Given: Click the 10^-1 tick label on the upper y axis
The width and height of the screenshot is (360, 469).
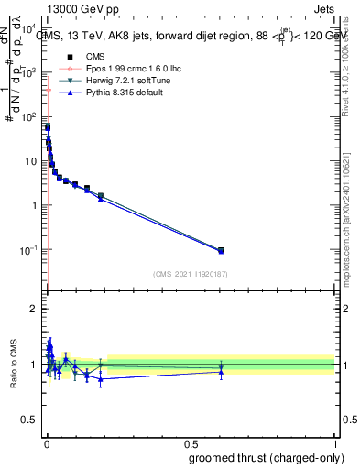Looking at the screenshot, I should [27, 249].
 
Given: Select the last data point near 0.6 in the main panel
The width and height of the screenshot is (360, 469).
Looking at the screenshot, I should [220, 250].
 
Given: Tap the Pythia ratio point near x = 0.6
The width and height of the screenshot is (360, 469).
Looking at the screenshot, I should [220, 372].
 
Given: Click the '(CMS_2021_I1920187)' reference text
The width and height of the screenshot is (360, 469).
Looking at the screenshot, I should [191, 274].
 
